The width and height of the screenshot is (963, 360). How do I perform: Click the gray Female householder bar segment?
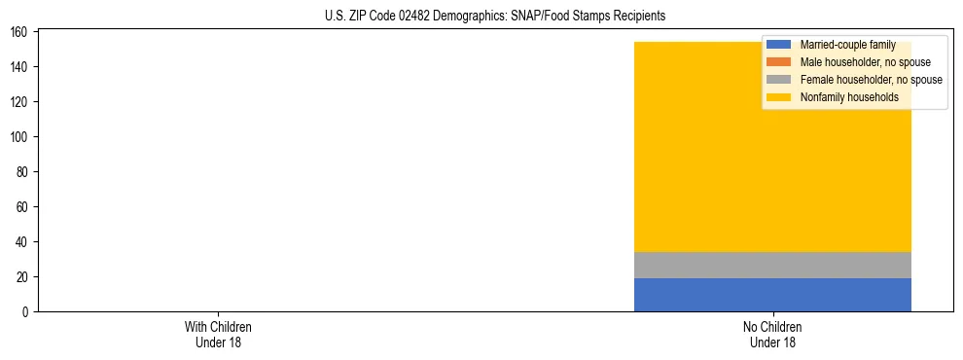(x=772, y=265)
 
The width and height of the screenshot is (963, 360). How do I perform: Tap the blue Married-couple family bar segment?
(x=772, y=295)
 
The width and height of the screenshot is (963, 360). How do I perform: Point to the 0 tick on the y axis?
(x=28, y=312)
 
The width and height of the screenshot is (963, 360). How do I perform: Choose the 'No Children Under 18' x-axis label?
(x=772, y=335)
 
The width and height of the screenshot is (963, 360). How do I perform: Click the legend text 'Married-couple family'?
(x=847, y=45)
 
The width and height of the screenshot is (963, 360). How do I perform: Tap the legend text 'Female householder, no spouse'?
(x=871, y=80)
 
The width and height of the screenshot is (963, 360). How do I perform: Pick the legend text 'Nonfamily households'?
(x=848, y=97)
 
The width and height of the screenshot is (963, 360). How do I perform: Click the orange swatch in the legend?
(x=778, y=62)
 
